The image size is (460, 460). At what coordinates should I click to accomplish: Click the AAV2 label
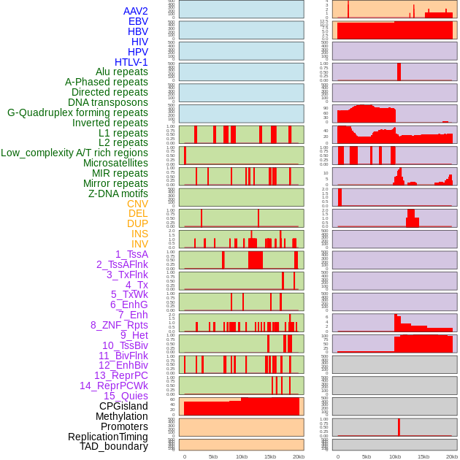coord(136,11)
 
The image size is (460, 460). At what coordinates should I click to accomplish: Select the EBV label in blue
coord(138,21)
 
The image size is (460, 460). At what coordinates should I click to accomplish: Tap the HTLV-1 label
coord(131,62)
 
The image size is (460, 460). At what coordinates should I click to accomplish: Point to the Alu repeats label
coord(122,72)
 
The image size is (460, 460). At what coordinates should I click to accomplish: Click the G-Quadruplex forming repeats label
coord(77,112)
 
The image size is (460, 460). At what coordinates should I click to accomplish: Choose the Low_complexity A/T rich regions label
coord(74,153)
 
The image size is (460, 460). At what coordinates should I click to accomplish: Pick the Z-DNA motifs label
coord(118,193)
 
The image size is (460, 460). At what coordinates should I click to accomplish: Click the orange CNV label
coord(137,204)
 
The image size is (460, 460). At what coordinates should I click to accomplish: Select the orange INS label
coord(139,234)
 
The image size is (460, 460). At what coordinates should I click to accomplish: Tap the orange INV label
coord(139,244)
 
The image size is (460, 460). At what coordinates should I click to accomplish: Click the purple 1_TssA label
coord(131,254)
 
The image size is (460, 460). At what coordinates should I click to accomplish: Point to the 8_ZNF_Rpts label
coord(119,325)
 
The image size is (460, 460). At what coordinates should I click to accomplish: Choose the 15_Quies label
coord(126,396)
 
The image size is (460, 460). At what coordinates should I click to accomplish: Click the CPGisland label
coord(123,406)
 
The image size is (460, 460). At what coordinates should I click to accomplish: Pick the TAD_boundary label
coord(114,446)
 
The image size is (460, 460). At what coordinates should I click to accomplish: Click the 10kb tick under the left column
coord(241,457)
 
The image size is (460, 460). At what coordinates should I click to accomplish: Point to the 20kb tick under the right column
coord(452,457)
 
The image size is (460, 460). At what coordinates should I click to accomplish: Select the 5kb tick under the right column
coord(367,457)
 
